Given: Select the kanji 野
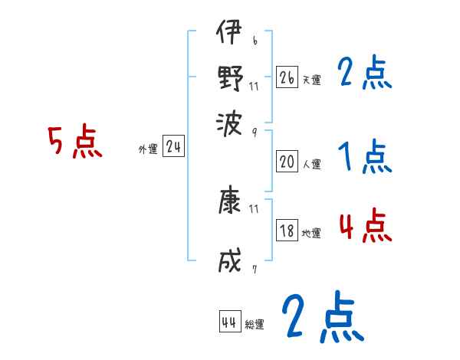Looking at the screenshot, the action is click(x=228, y=77).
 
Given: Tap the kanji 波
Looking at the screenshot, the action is click(x=228, y=120).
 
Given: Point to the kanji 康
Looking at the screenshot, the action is click(x=228, y=203).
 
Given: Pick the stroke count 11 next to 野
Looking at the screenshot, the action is click(x=254, y=86).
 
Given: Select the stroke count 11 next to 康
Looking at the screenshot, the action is click(x=254, y=208).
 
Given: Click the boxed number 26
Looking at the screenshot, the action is click(x=287, y=77).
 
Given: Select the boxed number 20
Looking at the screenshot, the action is click(x=287, y=161).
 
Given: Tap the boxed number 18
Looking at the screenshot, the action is click(x=287, y=231).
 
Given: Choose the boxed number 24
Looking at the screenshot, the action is click(x=173, y=147).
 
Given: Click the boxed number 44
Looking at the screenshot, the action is click(x=228, y=322).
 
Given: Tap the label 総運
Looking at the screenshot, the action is click(x=255, y=325).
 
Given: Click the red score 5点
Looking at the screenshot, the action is click(x=75, y=143).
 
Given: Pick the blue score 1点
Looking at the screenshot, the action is click(x=364, y=158).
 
